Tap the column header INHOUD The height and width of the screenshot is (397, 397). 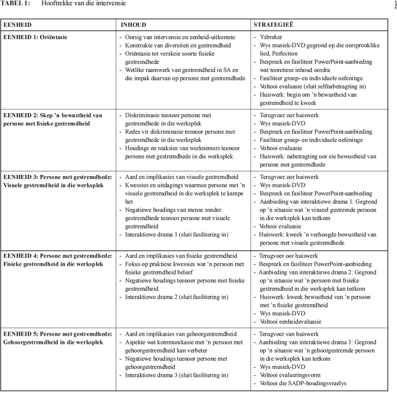pyautogui.click(x=133, y=25)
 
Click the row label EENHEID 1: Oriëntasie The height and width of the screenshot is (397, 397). pyautogui.click(x=35, y=37)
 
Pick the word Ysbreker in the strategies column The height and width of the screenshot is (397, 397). pyautogui.click(x=271, y=37)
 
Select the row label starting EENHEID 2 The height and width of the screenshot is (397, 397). pyautogui.click(x=53, y=119)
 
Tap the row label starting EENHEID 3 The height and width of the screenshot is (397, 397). pyautogui.click(x=57, y=181)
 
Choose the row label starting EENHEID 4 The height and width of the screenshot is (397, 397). pyautogui.click(x=57, y=260)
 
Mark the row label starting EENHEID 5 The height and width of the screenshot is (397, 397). pyautogui.click(x=57, y=338)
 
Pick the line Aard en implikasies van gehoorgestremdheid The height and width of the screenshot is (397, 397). pyautogui.click(x=181, y=334)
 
